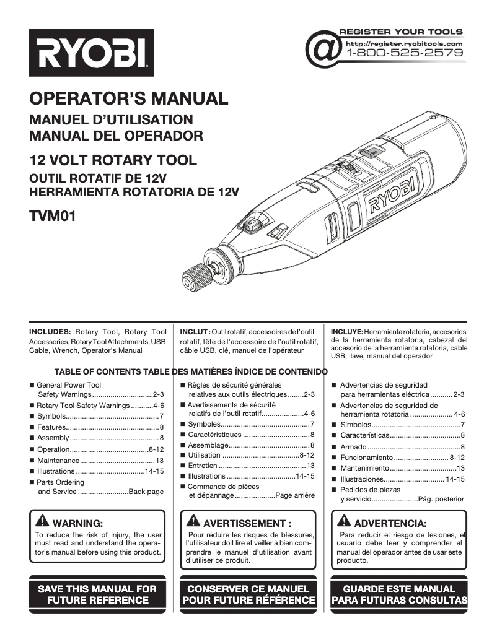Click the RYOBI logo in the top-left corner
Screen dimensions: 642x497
(92, 53)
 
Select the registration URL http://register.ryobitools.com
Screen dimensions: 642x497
(404, 44)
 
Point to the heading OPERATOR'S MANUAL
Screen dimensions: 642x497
(129, 98)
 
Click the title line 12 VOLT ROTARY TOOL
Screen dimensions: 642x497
(113, 161)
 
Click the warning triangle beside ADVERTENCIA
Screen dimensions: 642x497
(344, 521)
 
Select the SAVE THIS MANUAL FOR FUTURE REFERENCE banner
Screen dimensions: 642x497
(98, 594)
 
